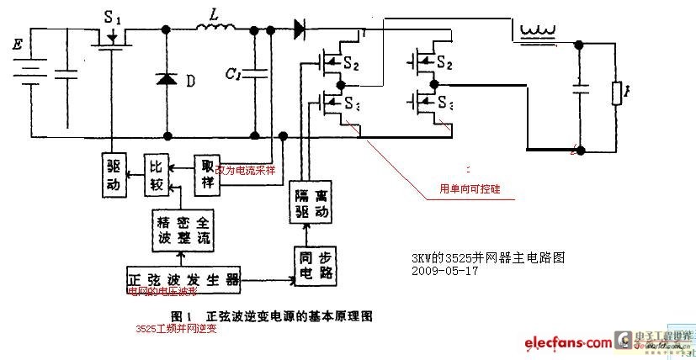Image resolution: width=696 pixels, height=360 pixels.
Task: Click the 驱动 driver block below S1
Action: coord(115,174)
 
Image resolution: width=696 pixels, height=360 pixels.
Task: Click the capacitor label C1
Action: coord(233,74)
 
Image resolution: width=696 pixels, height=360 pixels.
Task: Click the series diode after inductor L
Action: coord(300,31)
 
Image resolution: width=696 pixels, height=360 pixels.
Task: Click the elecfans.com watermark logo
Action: coord(568,342)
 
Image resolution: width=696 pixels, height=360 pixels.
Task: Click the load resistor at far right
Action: coord(617,93)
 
